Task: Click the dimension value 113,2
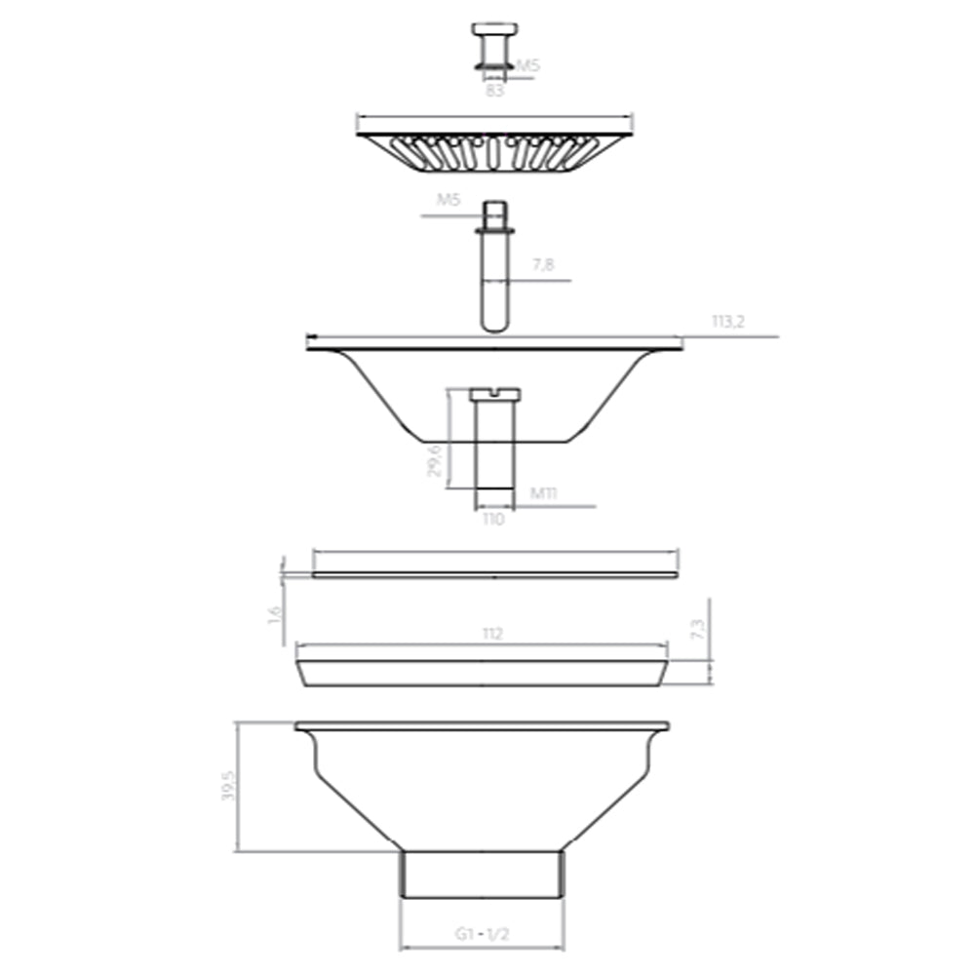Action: tap(728, 323)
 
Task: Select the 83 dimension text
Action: tap(496, 91)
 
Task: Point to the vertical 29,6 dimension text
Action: tap(436, 459)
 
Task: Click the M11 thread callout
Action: tap(544, 493)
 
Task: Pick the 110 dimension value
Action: tap(493, 521)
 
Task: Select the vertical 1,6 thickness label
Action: tap(274, 616)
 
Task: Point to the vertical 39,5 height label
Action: tap(228, 785)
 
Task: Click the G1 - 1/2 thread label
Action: tap(483, 933)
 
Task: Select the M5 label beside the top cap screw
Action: tap(527, 65)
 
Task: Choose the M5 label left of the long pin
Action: tap(448, 200)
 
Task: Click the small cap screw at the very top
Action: tap(494, 45)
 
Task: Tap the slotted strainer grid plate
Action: tap(494, 151)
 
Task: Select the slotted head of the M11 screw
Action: tap(495, 393)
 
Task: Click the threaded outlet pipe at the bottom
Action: tap(483, 874)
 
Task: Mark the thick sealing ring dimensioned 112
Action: tap(483, 673)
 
